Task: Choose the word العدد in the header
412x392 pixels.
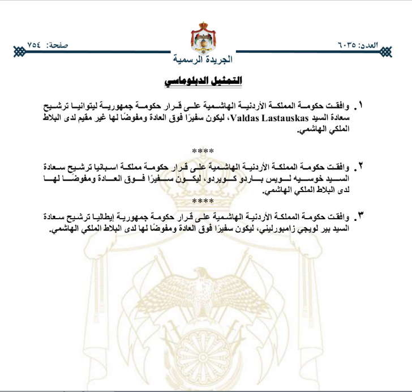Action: coord(371,44)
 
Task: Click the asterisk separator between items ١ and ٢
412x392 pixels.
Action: coord(203,151)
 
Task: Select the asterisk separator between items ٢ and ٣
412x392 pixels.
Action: coord(203,202)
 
